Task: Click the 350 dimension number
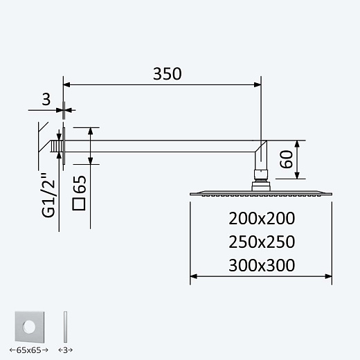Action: click(x=168, y=74)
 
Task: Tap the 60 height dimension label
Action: click(x=286, y=159)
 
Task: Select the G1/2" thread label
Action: click(x=48, y=195)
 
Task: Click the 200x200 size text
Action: click(x=262, y=218)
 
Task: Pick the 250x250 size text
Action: click(x=262, y=242)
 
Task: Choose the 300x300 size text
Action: click(x=262, y=265)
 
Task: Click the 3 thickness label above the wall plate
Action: click(x=46, y=100)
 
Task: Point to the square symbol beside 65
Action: click(x=79, y=204)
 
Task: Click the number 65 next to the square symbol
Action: click(x=79, y=184)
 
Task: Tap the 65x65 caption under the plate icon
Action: click(x=29, y=350)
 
